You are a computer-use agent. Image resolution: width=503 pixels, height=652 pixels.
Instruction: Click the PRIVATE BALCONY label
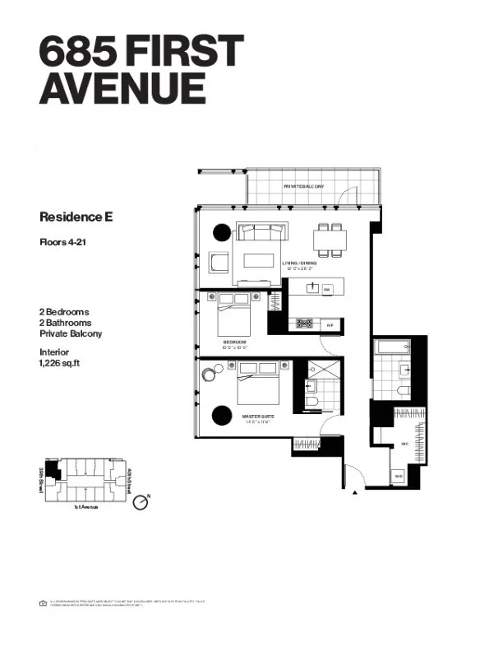tap(303, 187)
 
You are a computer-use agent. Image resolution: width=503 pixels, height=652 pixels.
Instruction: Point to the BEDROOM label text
tap(234, 341)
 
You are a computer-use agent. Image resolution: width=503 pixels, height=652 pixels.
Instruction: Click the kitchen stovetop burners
tap(304, 324)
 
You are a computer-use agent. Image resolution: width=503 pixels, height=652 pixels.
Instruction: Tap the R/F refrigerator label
tap(330, 324)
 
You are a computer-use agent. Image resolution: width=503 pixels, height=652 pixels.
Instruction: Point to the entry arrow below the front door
tap(354, 491)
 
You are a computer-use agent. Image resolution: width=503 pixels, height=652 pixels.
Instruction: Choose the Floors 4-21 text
tap(66, 242)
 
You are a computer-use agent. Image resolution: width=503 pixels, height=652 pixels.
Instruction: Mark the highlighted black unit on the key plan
tap(53, 472)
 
